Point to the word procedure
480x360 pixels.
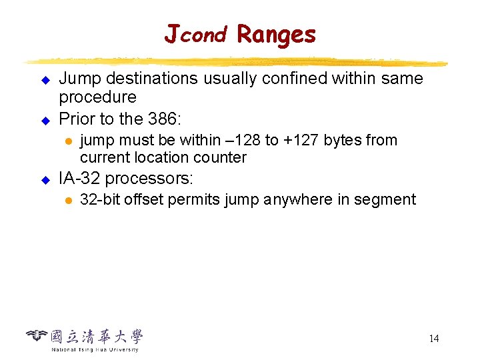point(97,97)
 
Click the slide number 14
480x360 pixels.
point(433,339)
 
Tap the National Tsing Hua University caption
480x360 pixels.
point(95,349)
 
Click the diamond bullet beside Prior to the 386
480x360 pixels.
point(45,120)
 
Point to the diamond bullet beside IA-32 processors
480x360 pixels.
point(45,179)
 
